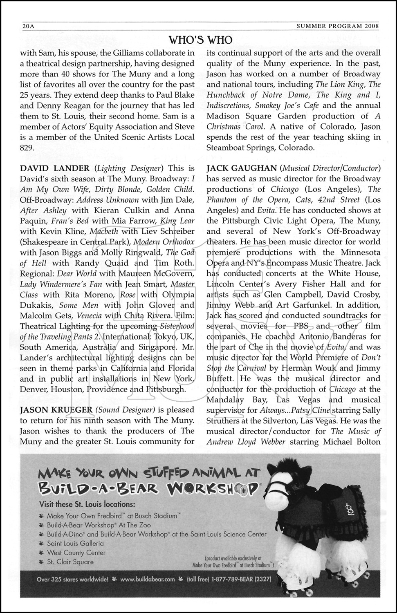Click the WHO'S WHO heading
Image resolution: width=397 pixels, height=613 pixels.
[x=200, y=40]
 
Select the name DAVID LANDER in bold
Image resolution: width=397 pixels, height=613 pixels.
[x=49, y=168]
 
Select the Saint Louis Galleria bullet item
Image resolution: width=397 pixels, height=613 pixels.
[x=75, y=544]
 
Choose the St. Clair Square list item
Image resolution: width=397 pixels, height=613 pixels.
[x=70, y=562]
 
